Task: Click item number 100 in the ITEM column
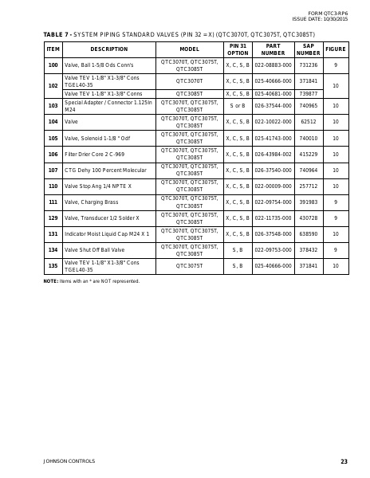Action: [x=53, y=65]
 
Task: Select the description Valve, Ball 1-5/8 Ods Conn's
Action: [x=98, y=65]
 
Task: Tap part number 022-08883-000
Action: [x=273, y=65]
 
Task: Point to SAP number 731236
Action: [x=308, y=65]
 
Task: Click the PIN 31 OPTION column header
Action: [x=238, y=49]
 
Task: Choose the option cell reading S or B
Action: [x=238, y=105]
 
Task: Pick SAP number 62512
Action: [x=308, y=122]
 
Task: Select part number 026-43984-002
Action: [x=273, y=154]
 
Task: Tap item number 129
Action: [x=53, y=217]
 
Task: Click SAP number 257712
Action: [x=308, y=186]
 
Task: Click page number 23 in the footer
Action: [x=344, y=461]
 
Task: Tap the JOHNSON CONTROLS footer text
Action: [x=69, y=461]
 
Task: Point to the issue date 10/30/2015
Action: [x=333, y=19]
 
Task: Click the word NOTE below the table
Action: [x=50, y=281]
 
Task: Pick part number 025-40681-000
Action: [x=273, y=93]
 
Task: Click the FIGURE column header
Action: [x=335, y=49]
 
